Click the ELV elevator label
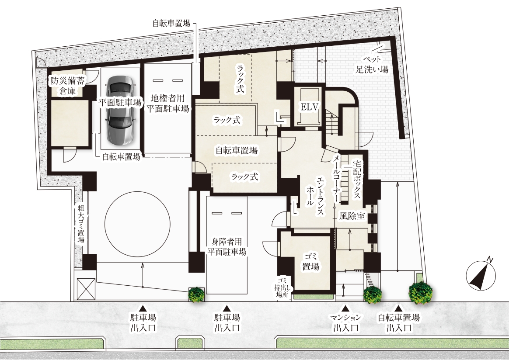[309, 107]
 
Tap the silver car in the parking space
[120, 110]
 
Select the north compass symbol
[481, 275]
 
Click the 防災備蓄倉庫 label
[67, 86]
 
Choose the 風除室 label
[352, 216]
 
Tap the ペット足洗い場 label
[372, 64]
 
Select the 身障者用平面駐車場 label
[227, 247]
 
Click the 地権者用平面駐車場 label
[167, 103]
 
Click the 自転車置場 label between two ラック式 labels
[236, 150]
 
